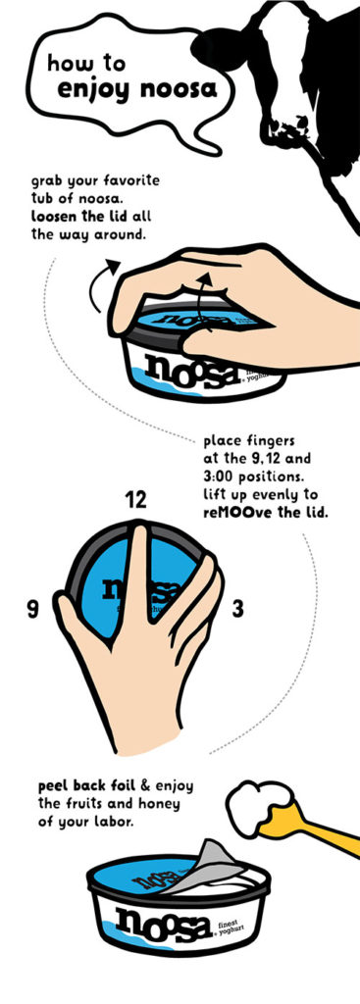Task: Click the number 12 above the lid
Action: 137,499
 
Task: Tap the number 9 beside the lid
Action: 32,610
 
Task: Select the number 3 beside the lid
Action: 236,609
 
